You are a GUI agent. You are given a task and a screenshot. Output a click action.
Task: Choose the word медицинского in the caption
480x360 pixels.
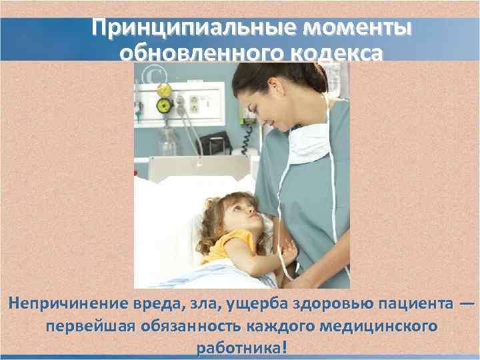pos(381,327)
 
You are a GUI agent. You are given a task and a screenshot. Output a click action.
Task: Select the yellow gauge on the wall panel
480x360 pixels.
pos(163,105)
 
